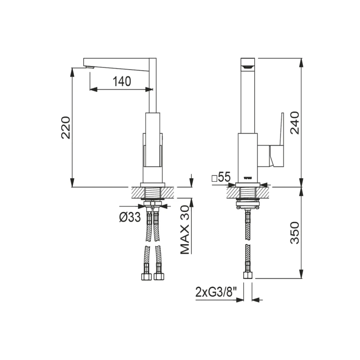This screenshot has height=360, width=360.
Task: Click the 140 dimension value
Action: point(122,81)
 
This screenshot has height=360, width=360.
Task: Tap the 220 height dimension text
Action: point(66,128)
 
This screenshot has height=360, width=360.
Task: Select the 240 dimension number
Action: point(295,123)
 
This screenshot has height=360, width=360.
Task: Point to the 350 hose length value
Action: point(295,233)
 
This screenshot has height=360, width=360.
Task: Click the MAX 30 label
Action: point(185,230)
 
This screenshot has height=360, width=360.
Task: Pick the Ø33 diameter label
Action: point(130,217)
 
